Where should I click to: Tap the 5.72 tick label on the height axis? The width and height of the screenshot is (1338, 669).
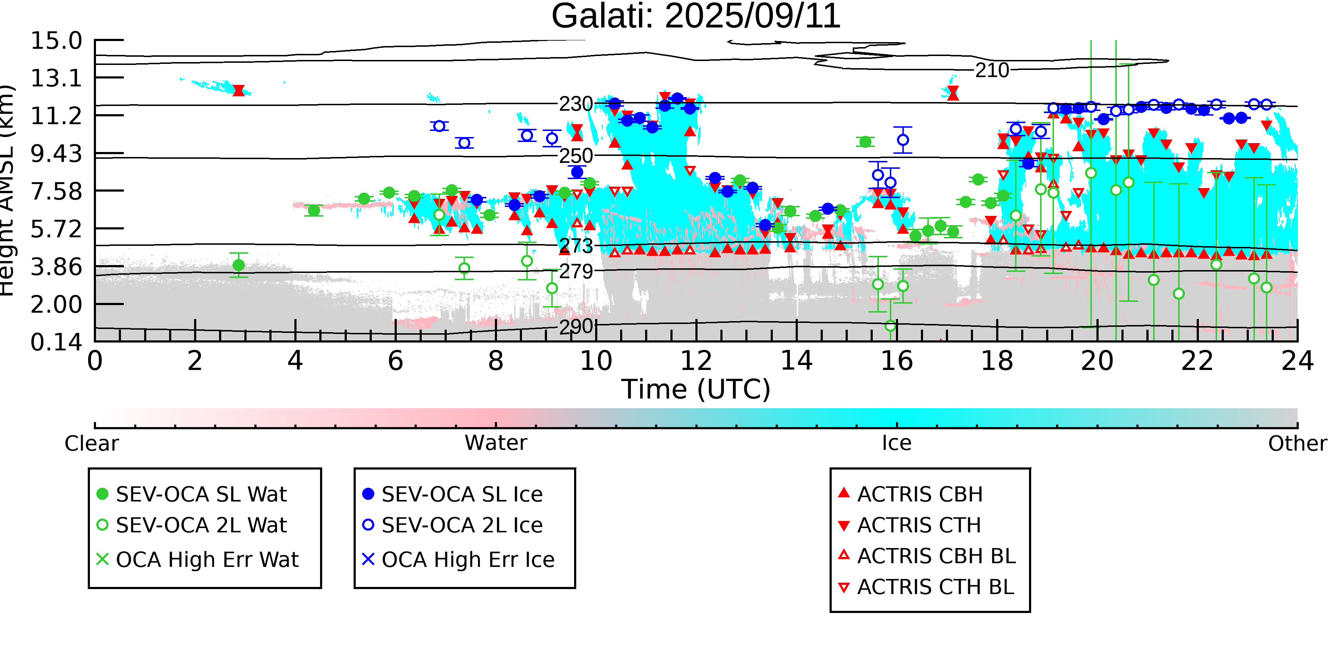(x=56, y=229)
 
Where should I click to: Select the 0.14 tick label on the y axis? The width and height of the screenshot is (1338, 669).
(x=56, y=342)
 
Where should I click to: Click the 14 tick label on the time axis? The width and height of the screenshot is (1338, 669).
(x=796, y=361)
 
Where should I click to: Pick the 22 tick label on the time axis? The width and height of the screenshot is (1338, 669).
(x=1197, y=361)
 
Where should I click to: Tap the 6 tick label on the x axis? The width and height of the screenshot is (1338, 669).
(x=395, y=361)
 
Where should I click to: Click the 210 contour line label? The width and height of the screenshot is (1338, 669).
(x=992, y=71)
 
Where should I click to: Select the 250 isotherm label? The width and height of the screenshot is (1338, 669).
(x=576, y=156)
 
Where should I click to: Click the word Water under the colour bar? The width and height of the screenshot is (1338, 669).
(x=496, y=443)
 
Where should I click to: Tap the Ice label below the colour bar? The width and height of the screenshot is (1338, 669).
(x=897, y=443)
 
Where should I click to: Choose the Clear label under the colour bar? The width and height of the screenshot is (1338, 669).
(x=91, y=444)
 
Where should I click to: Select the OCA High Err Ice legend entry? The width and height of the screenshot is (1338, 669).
(x=467, y=560)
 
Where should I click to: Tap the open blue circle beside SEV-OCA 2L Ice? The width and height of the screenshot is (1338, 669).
(x=368, y=524)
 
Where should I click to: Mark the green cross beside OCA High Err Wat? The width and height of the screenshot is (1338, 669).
(x=103, y=559)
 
